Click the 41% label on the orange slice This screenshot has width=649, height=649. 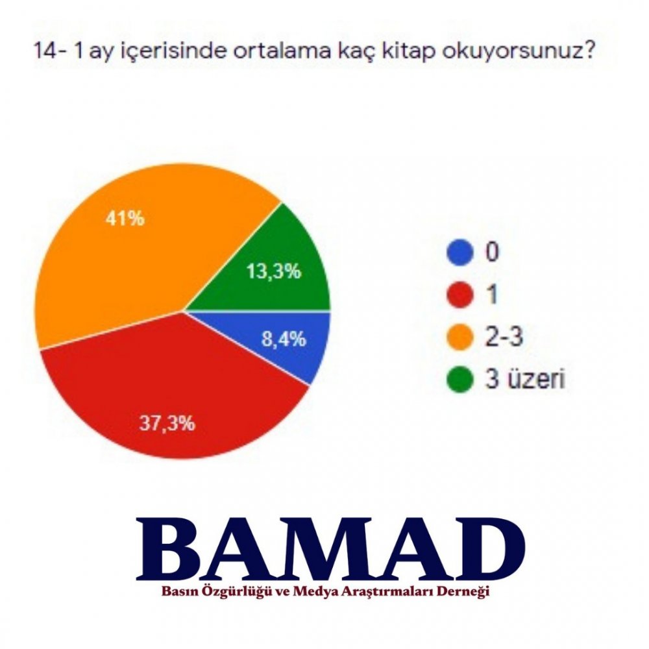click(125, 218)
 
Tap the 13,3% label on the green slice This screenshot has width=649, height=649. click(274, 272)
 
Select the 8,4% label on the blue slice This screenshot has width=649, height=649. click(284, 339)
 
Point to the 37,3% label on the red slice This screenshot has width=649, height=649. click(167, 423)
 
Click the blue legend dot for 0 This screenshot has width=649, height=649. click(460, 252)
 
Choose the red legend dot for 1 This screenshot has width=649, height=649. click(460, 295)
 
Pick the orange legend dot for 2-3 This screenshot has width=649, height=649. click(460, 337)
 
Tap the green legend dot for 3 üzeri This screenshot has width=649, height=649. click(460, 379)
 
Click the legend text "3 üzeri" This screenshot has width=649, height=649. click(525, 378)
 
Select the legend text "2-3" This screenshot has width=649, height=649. click(504, 336)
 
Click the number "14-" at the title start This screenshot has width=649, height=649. click(49, 51)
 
